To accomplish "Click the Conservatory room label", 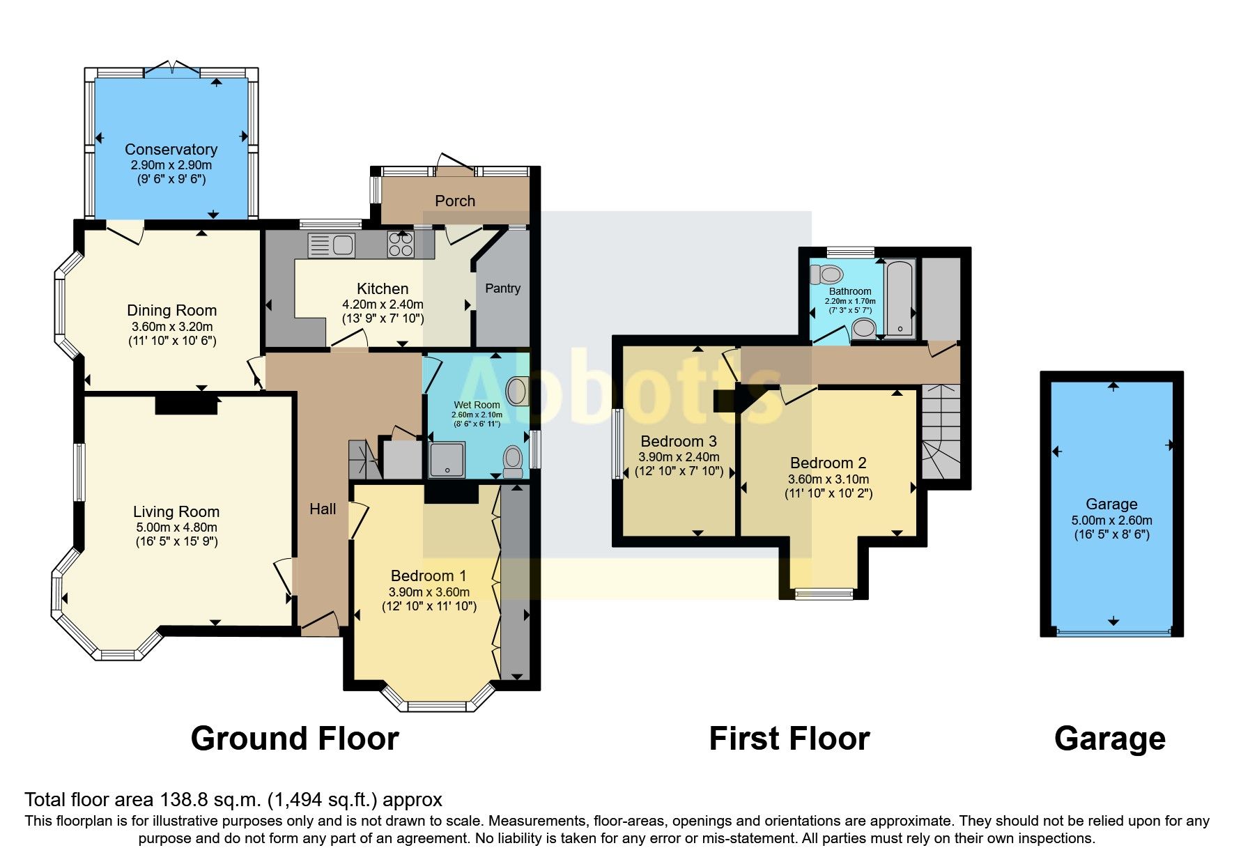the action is (171, 149).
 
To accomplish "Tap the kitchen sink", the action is (331, 245).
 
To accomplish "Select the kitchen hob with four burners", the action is (401, 245).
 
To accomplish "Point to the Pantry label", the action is (502, 288).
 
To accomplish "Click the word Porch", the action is (455, 201).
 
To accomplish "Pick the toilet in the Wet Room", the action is (514, 461).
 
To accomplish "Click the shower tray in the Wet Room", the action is (447, 460).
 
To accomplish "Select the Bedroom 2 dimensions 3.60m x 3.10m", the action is (828, 479).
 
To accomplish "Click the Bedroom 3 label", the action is (679, 441).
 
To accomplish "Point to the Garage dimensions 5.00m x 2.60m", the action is (1112, 520).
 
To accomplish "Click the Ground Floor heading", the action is (295, 739).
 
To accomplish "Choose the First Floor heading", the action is (789, 739).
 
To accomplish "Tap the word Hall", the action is (323, 509).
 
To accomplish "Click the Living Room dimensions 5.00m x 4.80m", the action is (177, 527).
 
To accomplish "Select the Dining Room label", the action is (171, 310).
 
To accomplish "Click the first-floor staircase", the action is (941, 431).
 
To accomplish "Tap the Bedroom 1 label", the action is (429, 576).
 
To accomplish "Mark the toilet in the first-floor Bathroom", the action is (827, 274).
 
